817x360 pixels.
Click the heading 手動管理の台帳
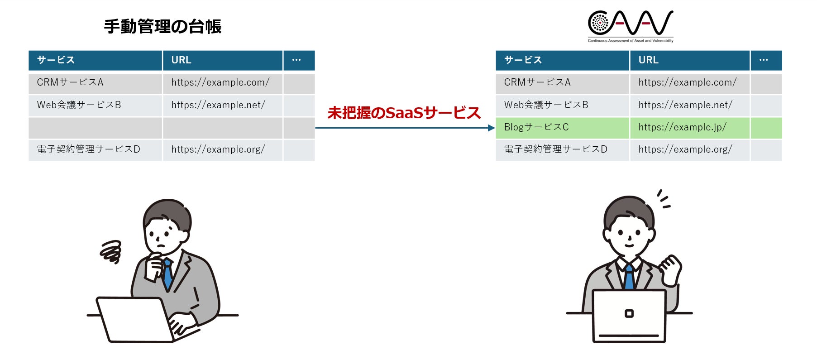click(x=162, y=26)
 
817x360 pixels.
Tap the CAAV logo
click(x=630, y=25)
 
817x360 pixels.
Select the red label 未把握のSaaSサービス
click(x=404, y=113)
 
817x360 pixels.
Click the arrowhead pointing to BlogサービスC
click(x=492, y=128)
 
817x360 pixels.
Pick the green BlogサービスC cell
click(x=562, y=128)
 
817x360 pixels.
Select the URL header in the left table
click(x=222, y=60)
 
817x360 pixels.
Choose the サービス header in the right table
click(x=562, y=60)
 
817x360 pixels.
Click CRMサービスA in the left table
click(x=70, y=82)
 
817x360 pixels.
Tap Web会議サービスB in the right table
click(x=546, y=105)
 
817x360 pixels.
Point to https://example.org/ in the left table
click(x=218, y=149)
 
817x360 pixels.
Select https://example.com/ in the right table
click(x=687, y=82)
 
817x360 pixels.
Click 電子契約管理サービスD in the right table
click(x=555, y=149)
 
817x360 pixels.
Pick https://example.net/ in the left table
click(x=218, y=105)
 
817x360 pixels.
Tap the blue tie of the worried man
click(x=168, y=274)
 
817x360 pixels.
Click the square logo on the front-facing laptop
click(x=629, y=313)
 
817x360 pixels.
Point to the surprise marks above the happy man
click(x=664, y=199)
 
